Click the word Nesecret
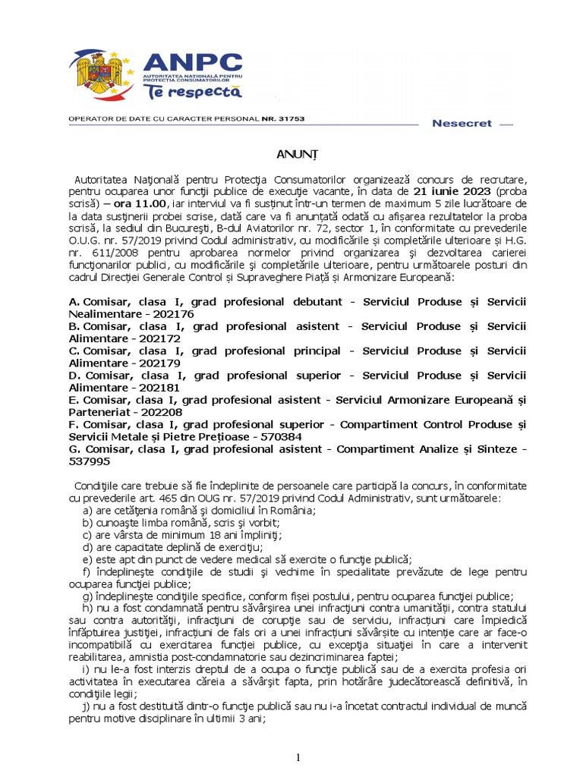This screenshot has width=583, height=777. tap(462, 123)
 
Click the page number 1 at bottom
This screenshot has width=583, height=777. tap(298, 757)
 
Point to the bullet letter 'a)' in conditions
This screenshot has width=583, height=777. tap(88, 511)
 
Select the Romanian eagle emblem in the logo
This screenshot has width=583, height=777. tap(100, 76)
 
